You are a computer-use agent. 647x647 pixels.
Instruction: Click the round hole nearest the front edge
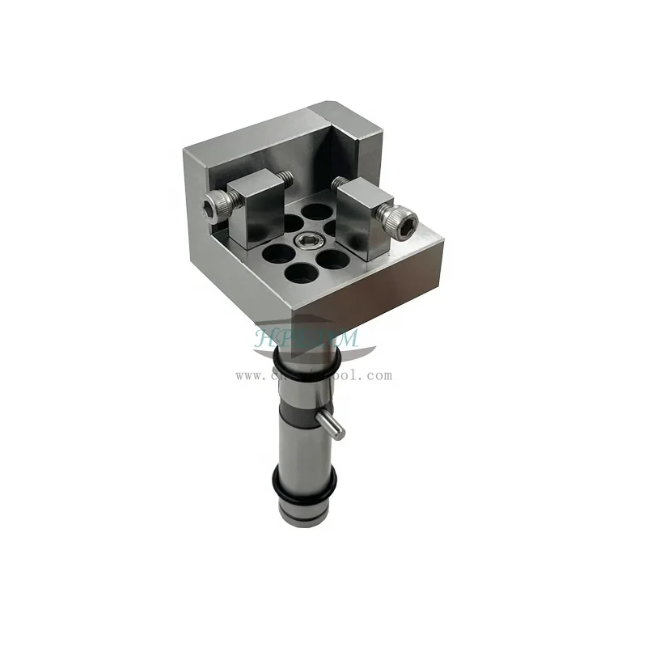coord(301,273)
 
